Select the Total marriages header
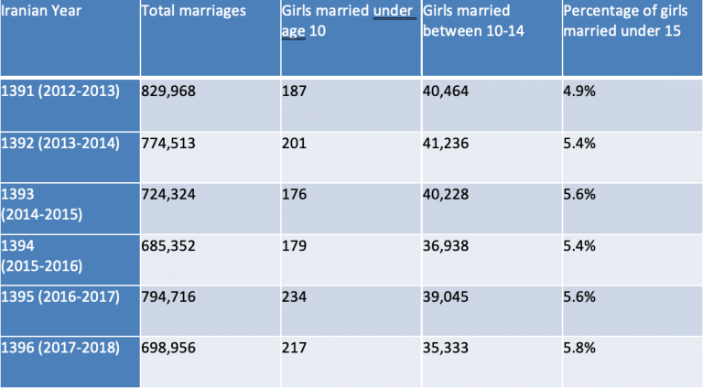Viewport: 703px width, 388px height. point(194,12)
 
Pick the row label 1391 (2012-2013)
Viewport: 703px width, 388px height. point(60,92)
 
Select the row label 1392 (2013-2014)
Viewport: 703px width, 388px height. point(60,145)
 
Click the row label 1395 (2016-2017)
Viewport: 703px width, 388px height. point(60,296)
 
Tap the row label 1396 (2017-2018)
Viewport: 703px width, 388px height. point(60,348)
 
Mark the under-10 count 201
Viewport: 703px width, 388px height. point(296,145)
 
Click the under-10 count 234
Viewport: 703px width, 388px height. point(296,296)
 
